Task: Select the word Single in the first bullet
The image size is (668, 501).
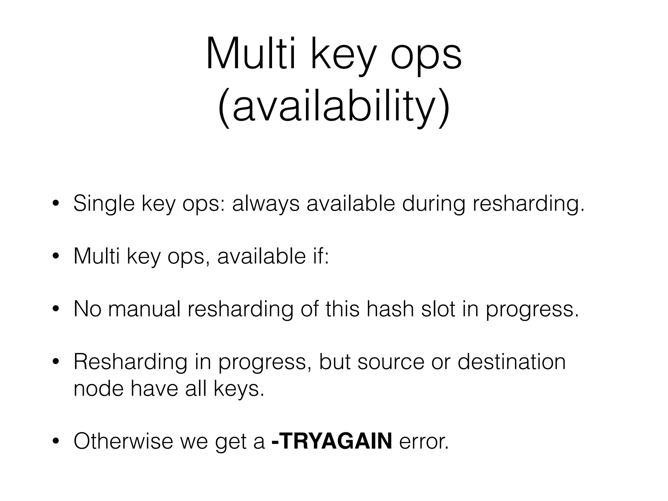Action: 104,204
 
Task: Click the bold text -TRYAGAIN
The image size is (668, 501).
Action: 331,441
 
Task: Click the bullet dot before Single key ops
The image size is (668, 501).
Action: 56,204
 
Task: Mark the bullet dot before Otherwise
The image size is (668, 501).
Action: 56,442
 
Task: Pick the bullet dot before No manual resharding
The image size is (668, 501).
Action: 56,309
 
